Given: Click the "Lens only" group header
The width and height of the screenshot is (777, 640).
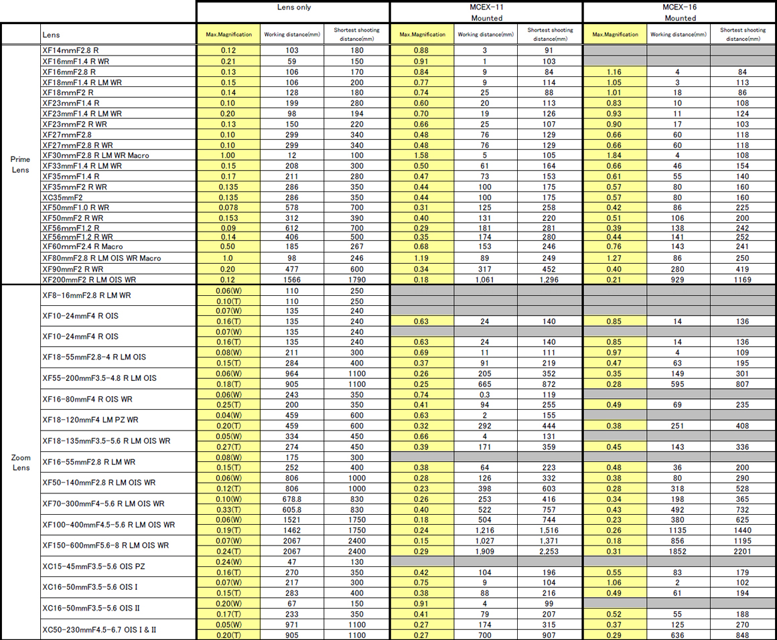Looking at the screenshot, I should coord(293,7).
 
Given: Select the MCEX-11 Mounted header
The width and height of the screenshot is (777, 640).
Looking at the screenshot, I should coord(486,12).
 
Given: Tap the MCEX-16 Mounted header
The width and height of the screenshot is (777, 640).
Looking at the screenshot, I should coord(680,12).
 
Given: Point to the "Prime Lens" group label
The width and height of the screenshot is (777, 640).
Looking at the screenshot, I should coord(20,164).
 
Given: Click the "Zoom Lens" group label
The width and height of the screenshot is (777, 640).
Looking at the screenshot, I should coord(20,462).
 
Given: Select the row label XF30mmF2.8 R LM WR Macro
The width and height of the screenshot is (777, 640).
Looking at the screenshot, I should coord(96,155).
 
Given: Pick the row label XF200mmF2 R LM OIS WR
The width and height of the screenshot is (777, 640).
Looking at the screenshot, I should coord(89,279).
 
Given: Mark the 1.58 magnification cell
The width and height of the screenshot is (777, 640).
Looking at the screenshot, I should coord(421,155).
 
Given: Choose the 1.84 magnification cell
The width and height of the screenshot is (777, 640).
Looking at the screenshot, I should coord(615,155).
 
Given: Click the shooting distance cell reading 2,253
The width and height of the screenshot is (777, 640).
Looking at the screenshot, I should coord(549,551).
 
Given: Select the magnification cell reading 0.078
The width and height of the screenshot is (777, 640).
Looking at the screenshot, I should coord(228,208).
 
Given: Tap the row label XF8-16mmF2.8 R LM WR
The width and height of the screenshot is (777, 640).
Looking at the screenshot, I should coord(86,295).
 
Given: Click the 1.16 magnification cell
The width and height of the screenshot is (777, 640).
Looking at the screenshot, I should coord(615,72).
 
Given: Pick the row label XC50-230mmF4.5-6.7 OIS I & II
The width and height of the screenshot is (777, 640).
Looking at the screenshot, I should coord(100,629).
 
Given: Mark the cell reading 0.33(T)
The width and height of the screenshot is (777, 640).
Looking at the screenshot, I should coord(228,509).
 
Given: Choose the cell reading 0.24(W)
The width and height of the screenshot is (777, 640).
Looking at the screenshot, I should coord(228,562).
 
